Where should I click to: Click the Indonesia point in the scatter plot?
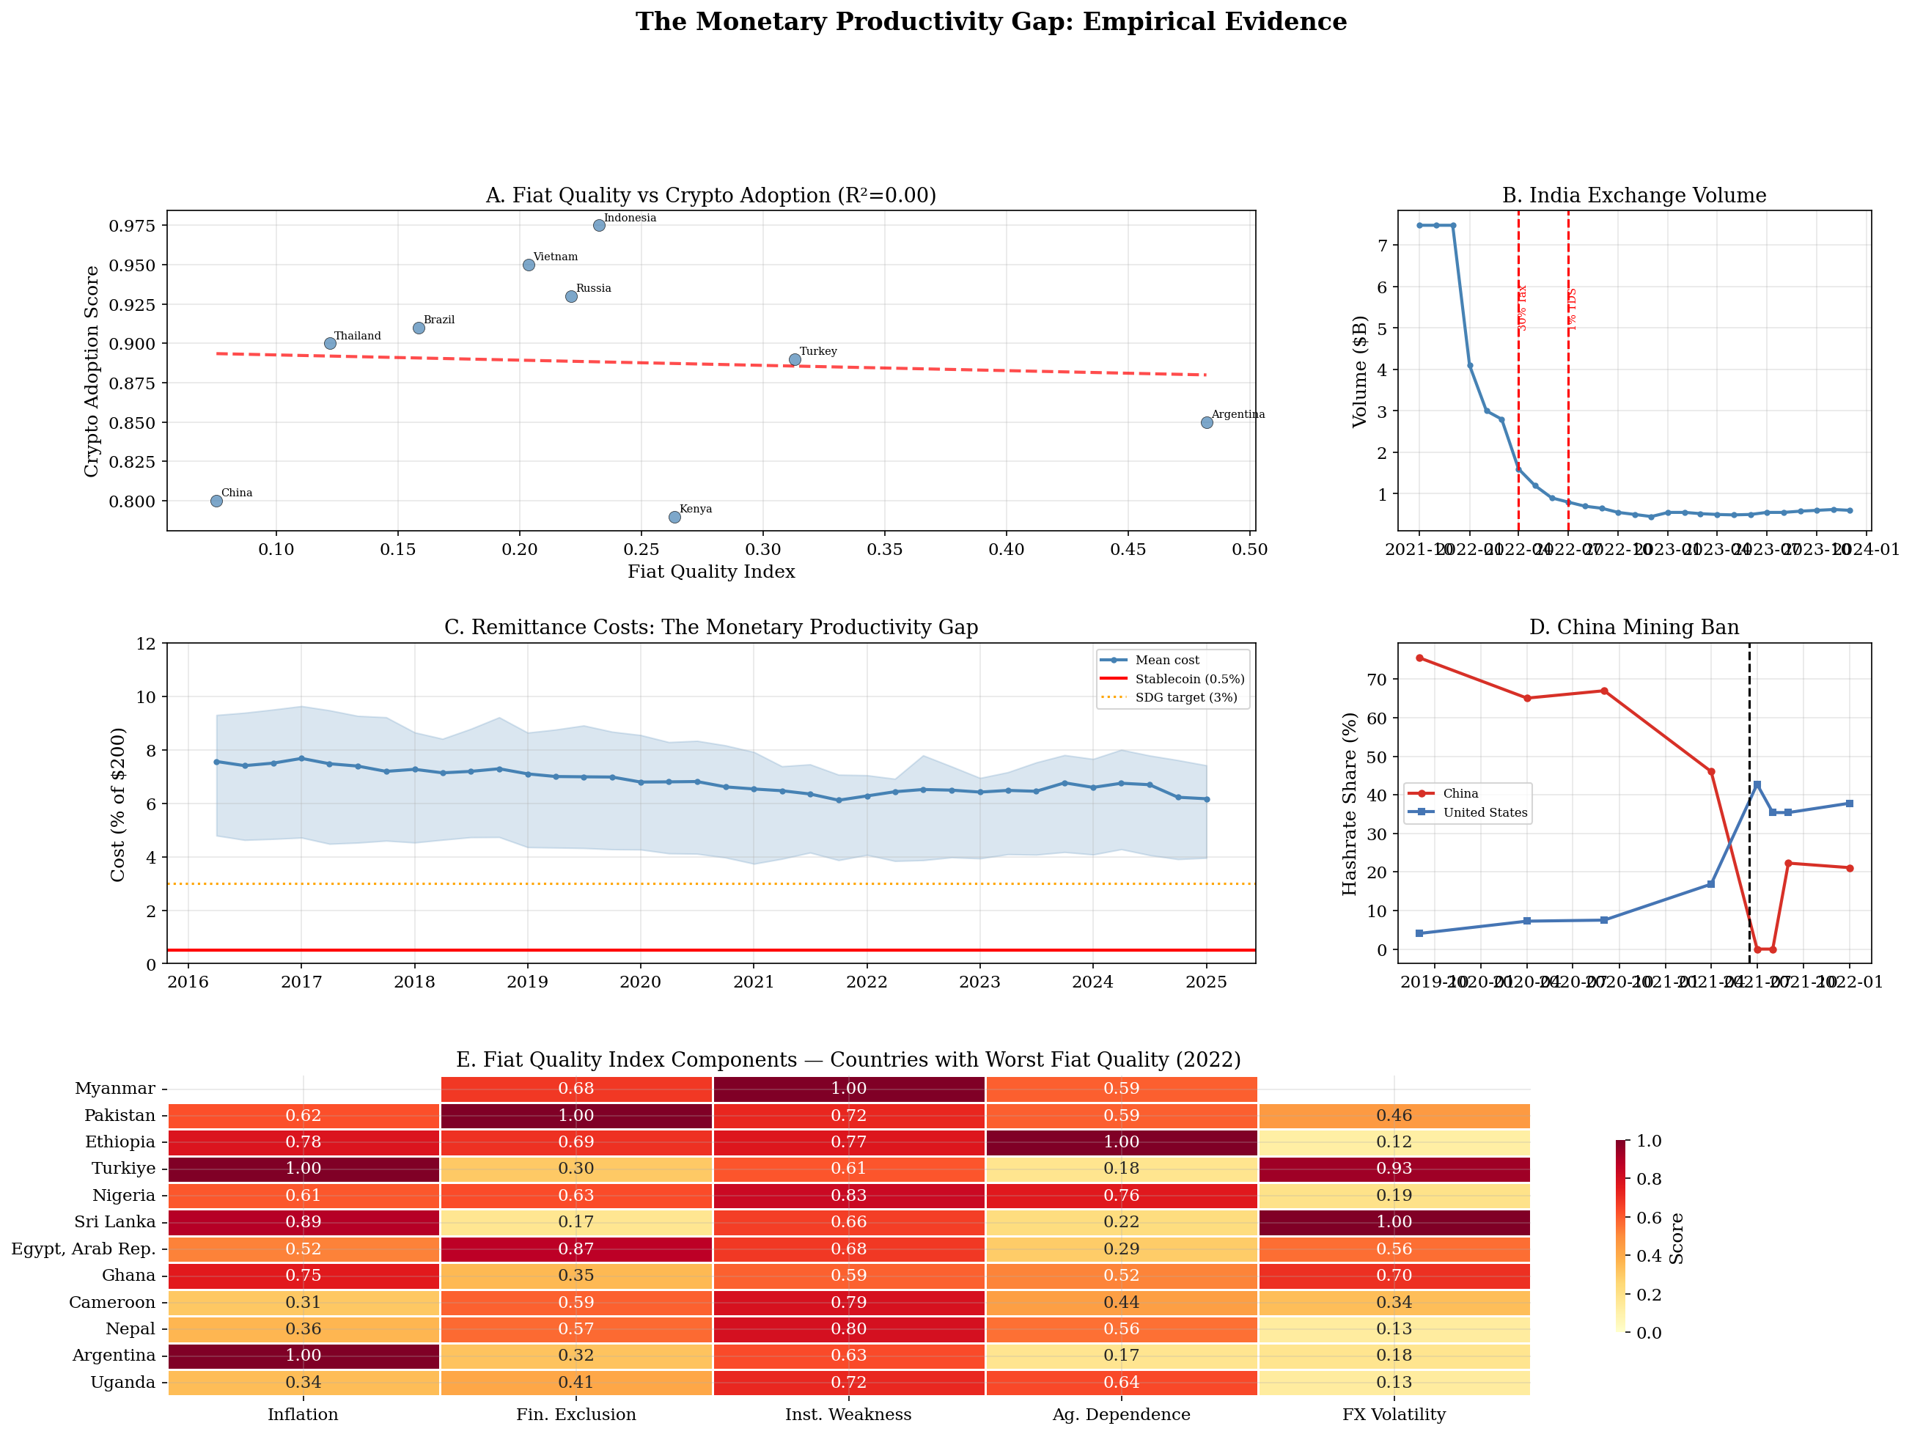coord(599,226)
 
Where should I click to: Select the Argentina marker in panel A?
coord(1207,423)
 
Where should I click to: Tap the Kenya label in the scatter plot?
coord(696,509)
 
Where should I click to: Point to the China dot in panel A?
coord(217,501)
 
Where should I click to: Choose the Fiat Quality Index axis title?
coord(710,571)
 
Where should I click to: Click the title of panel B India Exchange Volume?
coord(1633,195)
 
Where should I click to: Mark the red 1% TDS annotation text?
coord(1573,309)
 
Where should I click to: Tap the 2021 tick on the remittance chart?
coord(754,982)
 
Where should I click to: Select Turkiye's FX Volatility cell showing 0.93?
coord(1394,1169)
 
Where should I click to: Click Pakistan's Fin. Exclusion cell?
coord(576,1116)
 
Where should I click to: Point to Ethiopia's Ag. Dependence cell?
coord(1121,1141)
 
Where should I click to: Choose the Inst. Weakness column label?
coord(848,1414)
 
